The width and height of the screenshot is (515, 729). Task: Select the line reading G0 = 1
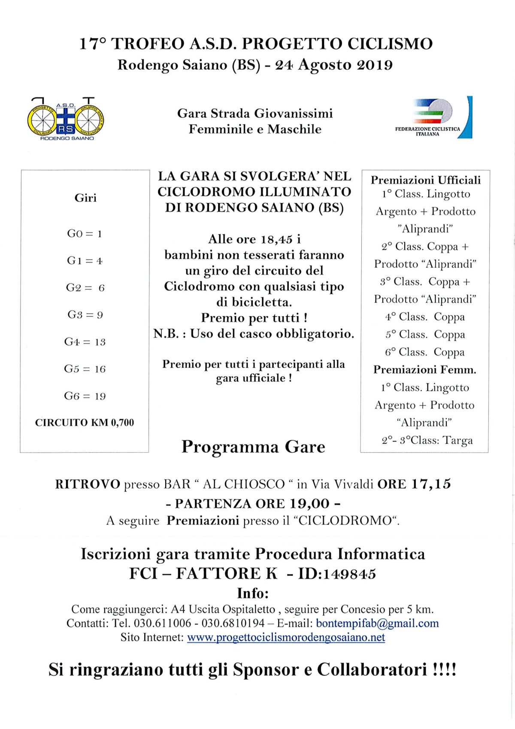tap(85, 234)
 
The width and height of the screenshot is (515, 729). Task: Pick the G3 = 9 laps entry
tap(85, 315)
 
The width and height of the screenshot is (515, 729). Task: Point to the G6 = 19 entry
tap(85, 396)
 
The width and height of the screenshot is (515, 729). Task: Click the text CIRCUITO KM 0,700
tap(85, 423)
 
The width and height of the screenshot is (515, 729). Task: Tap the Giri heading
tap(85, 198)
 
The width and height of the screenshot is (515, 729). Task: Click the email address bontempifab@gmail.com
tap(377, 623)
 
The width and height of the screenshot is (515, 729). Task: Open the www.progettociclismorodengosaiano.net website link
tap(286, 637)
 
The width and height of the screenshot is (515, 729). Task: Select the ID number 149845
tap(349, 574)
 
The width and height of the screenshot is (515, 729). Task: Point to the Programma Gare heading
tap(253, 447)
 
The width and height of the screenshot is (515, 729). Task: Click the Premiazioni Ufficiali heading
tap(426, 180)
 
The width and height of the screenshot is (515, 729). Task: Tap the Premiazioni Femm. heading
tap(424, 369)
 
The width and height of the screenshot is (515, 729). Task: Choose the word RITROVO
tap(88, 484)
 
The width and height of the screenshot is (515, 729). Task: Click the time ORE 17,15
tap(414, 484)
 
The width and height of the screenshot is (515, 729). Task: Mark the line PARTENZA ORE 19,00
tap(253, 503)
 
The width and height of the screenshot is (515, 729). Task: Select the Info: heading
tap(253, 593)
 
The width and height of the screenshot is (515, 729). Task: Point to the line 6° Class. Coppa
tap(424, 352)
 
